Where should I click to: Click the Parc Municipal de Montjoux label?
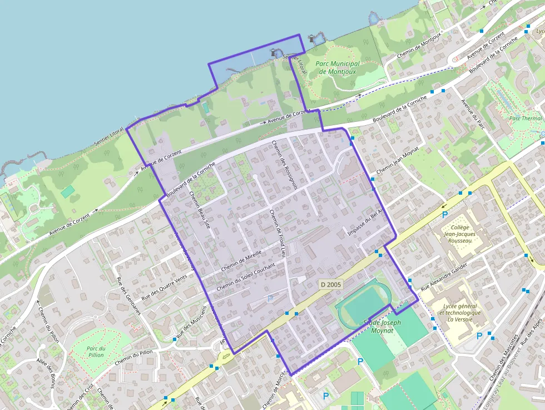tap(338, 68)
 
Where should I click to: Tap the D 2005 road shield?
tap(330, 284)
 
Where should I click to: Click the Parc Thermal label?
tap(526, 118)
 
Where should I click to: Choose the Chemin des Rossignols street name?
tap(285, 165)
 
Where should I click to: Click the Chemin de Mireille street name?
tap(241, 261)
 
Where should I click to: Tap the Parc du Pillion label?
tap(96, 351)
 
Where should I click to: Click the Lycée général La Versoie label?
tap(460, 313)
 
